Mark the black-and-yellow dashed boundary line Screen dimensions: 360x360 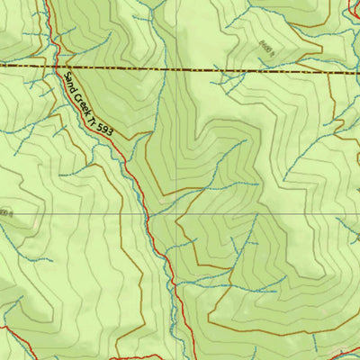point(180,67)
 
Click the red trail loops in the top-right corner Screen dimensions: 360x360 point(352,9)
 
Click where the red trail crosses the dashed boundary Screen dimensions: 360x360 point(58,67)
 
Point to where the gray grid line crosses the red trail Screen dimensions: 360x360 point(148,215)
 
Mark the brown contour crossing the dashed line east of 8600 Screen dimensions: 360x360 point(329,69)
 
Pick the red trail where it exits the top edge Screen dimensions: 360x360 point(47,3)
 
